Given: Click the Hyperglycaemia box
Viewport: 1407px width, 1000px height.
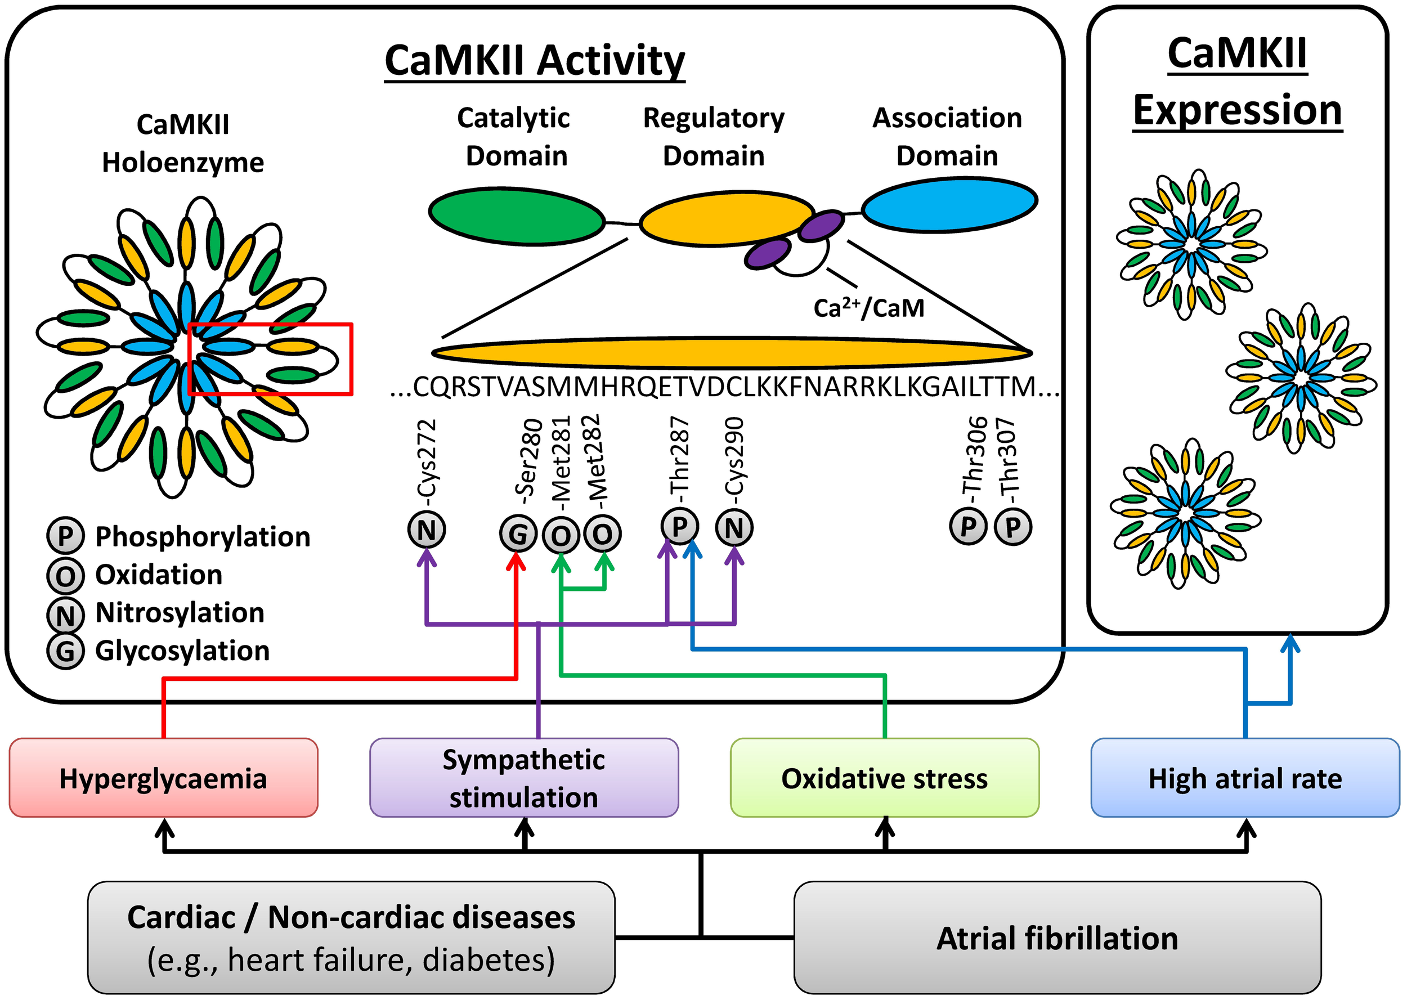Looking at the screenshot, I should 163,778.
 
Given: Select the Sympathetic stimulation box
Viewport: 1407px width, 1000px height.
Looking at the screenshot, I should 523,778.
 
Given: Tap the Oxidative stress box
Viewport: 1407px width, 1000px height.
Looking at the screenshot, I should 884,778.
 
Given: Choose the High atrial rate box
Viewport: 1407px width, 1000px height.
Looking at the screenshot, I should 1245,778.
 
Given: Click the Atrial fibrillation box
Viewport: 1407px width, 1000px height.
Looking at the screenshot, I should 1058,938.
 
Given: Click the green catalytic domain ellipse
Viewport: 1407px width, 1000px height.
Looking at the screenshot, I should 517,216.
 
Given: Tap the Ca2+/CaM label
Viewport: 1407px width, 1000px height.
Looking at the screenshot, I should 869,308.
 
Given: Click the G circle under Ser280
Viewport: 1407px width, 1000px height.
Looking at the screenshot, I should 518,534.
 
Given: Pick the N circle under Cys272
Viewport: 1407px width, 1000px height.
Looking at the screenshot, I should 427,530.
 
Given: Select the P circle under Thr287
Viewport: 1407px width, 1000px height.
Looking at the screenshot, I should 679,527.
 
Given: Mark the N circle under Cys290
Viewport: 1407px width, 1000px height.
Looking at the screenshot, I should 734,528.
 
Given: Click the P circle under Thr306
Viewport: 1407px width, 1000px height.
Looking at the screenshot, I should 968,527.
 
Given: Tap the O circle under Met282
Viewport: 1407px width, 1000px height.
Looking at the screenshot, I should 602,534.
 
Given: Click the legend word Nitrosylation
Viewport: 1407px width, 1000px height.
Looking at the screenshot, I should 180,613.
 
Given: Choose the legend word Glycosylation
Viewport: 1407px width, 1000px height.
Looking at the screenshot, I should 182,651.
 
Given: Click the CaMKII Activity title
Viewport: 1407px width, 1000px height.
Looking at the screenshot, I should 535,60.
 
